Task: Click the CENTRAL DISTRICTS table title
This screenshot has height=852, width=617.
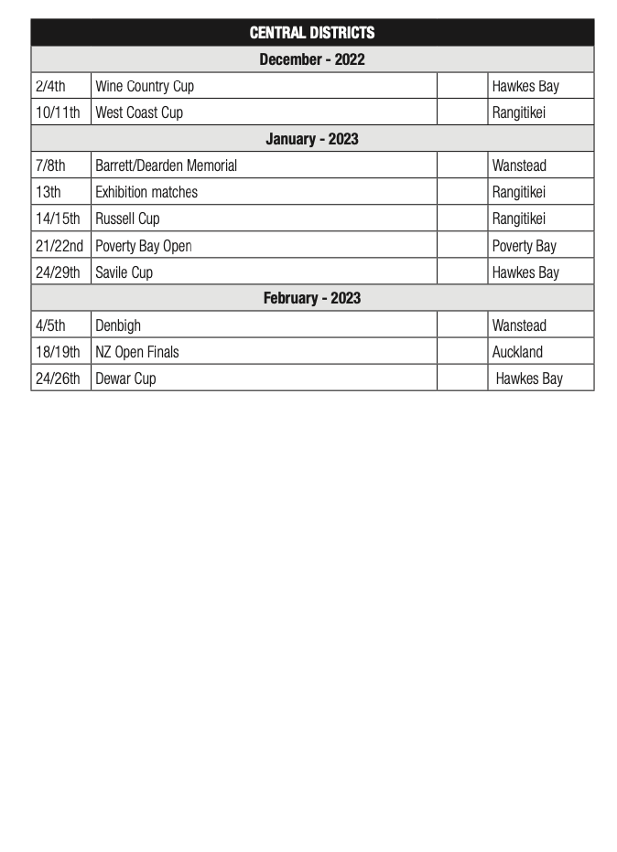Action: click(x=311, y=33)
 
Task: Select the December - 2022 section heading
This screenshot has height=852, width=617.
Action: click(x=311, y=59)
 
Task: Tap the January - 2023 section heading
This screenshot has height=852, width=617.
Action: click(x=311, y=139)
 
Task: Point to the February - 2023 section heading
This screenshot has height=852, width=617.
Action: click(x=311, y=298)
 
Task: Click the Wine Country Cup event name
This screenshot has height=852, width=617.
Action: click(x=145, y=86)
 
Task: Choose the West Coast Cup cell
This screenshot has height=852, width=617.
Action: click(x=139, y=112)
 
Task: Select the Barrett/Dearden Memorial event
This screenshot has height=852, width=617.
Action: click(x=166, y=165)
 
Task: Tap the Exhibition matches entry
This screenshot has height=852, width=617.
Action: click(x=146, y=192)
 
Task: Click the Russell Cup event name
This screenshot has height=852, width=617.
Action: click(x=127, y=218)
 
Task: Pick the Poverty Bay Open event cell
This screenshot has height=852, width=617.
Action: click(x=143, y=246)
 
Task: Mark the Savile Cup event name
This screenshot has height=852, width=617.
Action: click(x=124, y=272)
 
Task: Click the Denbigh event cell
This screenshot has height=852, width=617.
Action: click(x=118, y=325)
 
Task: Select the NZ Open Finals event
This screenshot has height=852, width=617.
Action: click(x=137, y=352)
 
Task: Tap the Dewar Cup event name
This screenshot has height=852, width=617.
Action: click(x=125, y=378)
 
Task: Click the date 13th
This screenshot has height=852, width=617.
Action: click(x=49, y=192)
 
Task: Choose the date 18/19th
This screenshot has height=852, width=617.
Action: click(x=58, y=352)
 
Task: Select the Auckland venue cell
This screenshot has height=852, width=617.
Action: click(x=517, y=352)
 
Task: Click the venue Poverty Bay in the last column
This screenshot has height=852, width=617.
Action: click(x=524, y=246)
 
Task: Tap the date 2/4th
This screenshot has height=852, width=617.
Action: click(x=50, y=86)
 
